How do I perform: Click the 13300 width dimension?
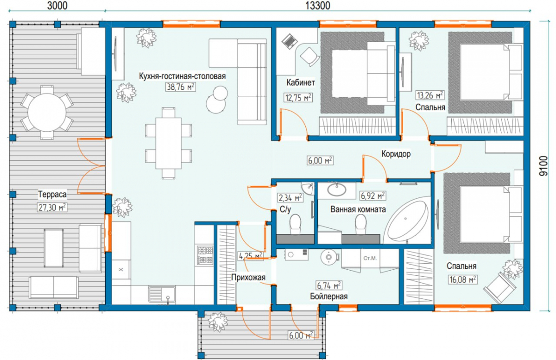click(x=317, y=6)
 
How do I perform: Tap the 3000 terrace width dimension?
click(x=57, y=6)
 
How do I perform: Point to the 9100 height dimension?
click(x=543, y=166)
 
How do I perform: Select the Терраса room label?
click(x=52, y=194)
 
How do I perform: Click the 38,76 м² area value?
click(x=180, y=87)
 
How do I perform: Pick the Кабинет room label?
click(x=301, y=82)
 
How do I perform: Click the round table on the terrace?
click(x=47, y=113)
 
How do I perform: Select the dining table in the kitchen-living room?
click(x=168, y=143)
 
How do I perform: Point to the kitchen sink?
click(x=162, y=295)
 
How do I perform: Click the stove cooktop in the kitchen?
click(x=205, y=255)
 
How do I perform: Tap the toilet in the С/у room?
click(x=295, y=224)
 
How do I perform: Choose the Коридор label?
click(x=396, y=154)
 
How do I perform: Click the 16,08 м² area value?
click(x=462, y=279)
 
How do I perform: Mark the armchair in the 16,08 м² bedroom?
click(x=499, y=288)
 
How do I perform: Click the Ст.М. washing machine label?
click(x=370, y=258)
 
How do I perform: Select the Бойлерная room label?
click(x=329, y=296)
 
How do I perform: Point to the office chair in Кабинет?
click(x=310, y=57)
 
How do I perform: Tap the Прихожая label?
click(x=248, y=277)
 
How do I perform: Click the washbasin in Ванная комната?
click(x=336, y=190)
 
